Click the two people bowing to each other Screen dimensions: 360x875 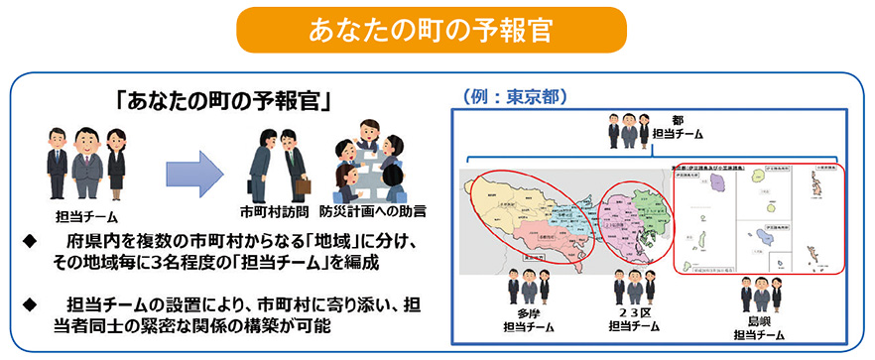(x=275, y=165)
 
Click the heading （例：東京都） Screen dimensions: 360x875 (x=514, y=97)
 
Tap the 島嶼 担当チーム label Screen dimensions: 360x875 (x=762, y=327)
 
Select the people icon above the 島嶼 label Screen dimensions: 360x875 (x=762, y=294)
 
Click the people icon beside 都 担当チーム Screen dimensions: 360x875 (x=626, y=128)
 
